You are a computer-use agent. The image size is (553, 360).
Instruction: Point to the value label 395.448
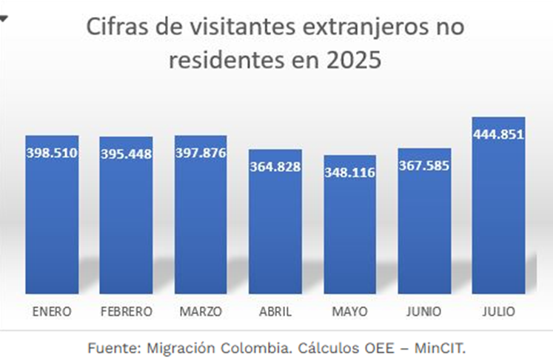coord(126,154)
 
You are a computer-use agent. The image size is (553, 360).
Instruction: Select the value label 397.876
coord(201,153)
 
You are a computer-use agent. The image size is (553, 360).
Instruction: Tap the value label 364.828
coord(275,167)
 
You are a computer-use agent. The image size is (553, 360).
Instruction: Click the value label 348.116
coord(349,173)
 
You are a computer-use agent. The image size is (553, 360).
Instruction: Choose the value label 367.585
coord(424,165)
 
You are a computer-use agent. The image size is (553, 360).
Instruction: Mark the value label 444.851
coord(498,134)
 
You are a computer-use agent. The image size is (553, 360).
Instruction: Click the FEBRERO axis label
coord(126,311)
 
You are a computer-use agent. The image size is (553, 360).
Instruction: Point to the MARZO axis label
coord(201,311)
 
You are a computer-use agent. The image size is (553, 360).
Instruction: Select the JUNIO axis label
coord(424,311)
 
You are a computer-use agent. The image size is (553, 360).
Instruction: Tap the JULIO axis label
coord(498,311)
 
